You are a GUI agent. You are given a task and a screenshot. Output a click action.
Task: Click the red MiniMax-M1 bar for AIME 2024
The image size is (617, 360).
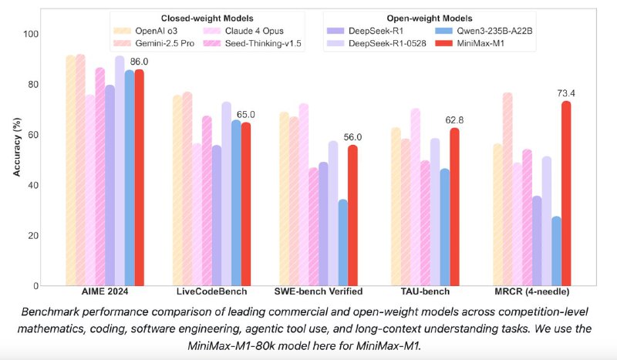coord(140,177)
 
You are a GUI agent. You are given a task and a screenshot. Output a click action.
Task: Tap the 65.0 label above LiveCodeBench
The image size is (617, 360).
coord(246,115)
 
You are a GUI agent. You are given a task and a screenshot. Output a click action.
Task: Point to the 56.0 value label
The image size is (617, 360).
coord(352,137)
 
